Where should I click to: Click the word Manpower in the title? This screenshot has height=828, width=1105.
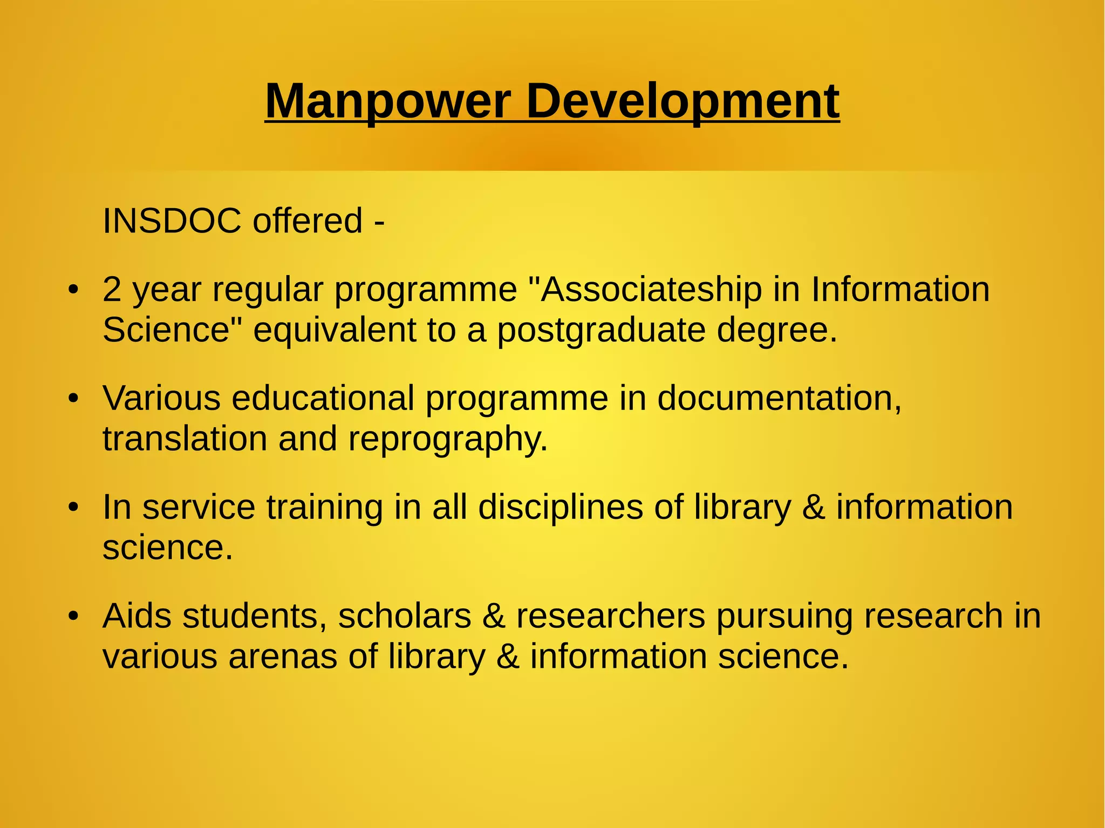[387, 101]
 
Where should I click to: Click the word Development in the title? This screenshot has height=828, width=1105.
[682, 101]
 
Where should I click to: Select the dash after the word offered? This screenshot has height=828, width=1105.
[379, 222]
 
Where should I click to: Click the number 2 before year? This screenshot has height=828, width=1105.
[112, 289]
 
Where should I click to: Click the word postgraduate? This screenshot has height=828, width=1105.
[601, 331]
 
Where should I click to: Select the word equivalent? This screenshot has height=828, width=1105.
[335, 330]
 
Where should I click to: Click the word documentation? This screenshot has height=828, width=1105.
[779, 398]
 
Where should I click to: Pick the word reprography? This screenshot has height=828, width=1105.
[448, 440]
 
